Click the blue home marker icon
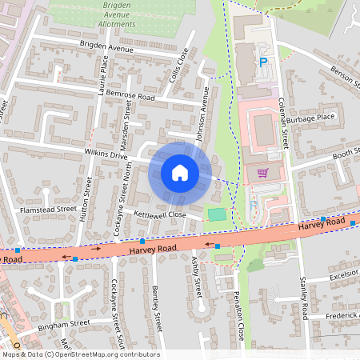180,172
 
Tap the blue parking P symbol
262,62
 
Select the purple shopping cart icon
262,172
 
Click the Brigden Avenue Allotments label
106,15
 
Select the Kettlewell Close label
160,215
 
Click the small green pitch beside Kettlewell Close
216,214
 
